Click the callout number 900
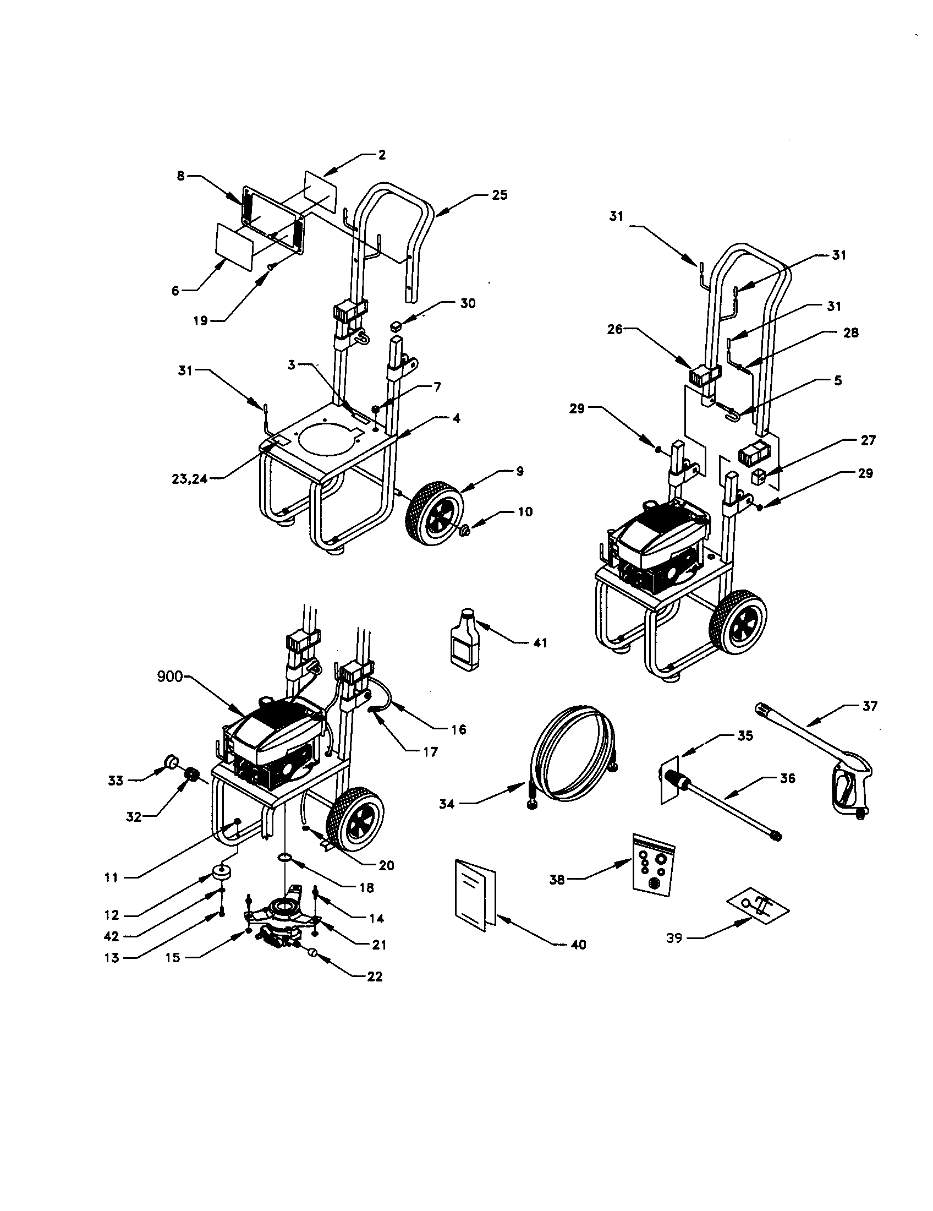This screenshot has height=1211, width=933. pyautogui.click(x=170, y=677)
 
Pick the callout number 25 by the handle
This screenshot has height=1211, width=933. pyautogui.click(x=499, y=195)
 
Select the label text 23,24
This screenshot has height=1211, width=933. pyautogui.click(x=189, y=477)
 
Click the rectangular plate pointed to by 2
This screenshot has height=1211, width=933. pyautogui.click(x=321, y=191)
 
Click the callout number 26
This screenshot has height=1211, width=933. pyautogui.click(x=615, y=329)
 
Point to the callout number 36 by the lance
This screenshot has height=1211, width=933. pyautogui.click(x=787, y=778)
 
